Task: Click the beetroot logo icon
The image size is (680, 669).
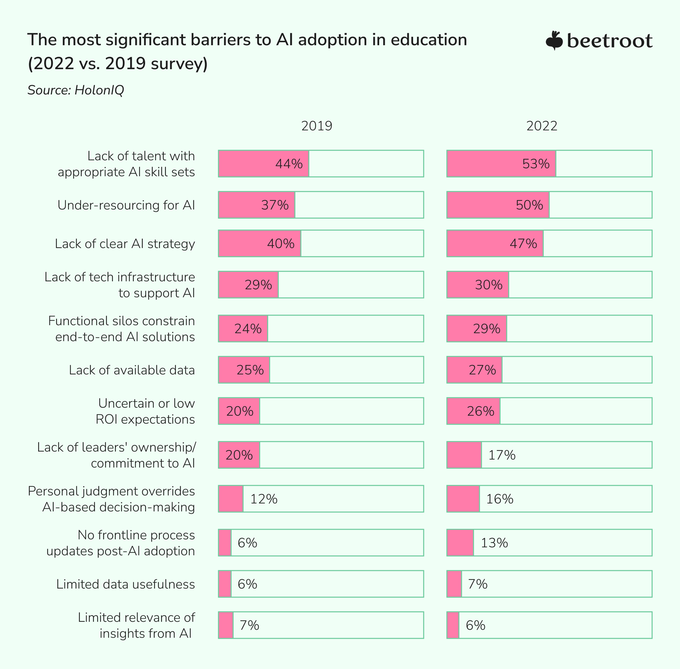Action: [x=554, y=41]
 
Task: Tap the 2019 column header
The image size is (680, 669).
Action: [x=316, y=126]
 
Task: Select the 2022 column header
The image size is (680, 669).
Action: [x=542, y=126]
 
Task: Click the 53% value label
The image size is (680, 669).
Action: [x=536, y=164]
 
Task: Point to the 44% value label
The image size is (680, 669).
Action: [x=289, y=164]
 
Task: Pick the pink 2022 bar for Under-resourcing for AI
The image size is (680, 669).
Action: [x=498, y=205]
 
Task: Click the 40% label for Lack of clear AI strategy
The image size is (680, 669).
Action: [x=281, y=243]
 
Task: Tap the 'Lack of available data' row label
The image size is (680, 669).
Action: [x=131, y=370]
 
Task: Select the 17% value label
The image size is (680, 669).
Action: [x=502, y=455]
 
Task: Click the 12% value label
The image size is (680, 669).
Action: [x=264, y=499]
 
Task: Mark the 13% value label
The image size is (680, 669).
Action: [x=494, y=543]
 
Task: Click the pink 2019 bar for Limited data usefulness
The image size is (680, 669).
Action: [x=225, y=584]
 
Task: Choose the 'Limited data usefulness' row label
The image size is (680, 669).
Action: [x=125, y=584]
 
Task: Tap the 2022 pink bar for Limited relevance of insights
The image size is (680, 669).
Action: [x=453, y=625]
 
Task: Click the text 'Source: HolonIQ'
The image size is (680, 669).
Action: [x=76, y=90]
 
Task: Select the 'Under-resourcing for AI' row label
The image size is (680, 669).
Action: [x=126, y=205]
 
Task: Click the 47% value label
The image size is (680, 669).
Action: [x=523, y=243]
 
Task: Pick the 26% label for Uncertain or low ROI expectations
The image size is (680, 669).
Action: [x=480, y=411]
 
